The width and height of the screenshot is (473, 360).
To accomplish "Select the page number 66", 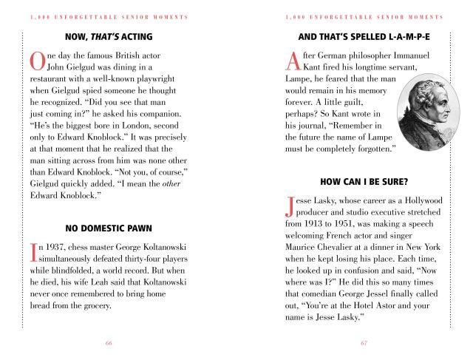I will coord(109,343).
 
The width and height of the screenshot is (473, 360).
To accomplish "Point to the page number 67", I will coord(364,343).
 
